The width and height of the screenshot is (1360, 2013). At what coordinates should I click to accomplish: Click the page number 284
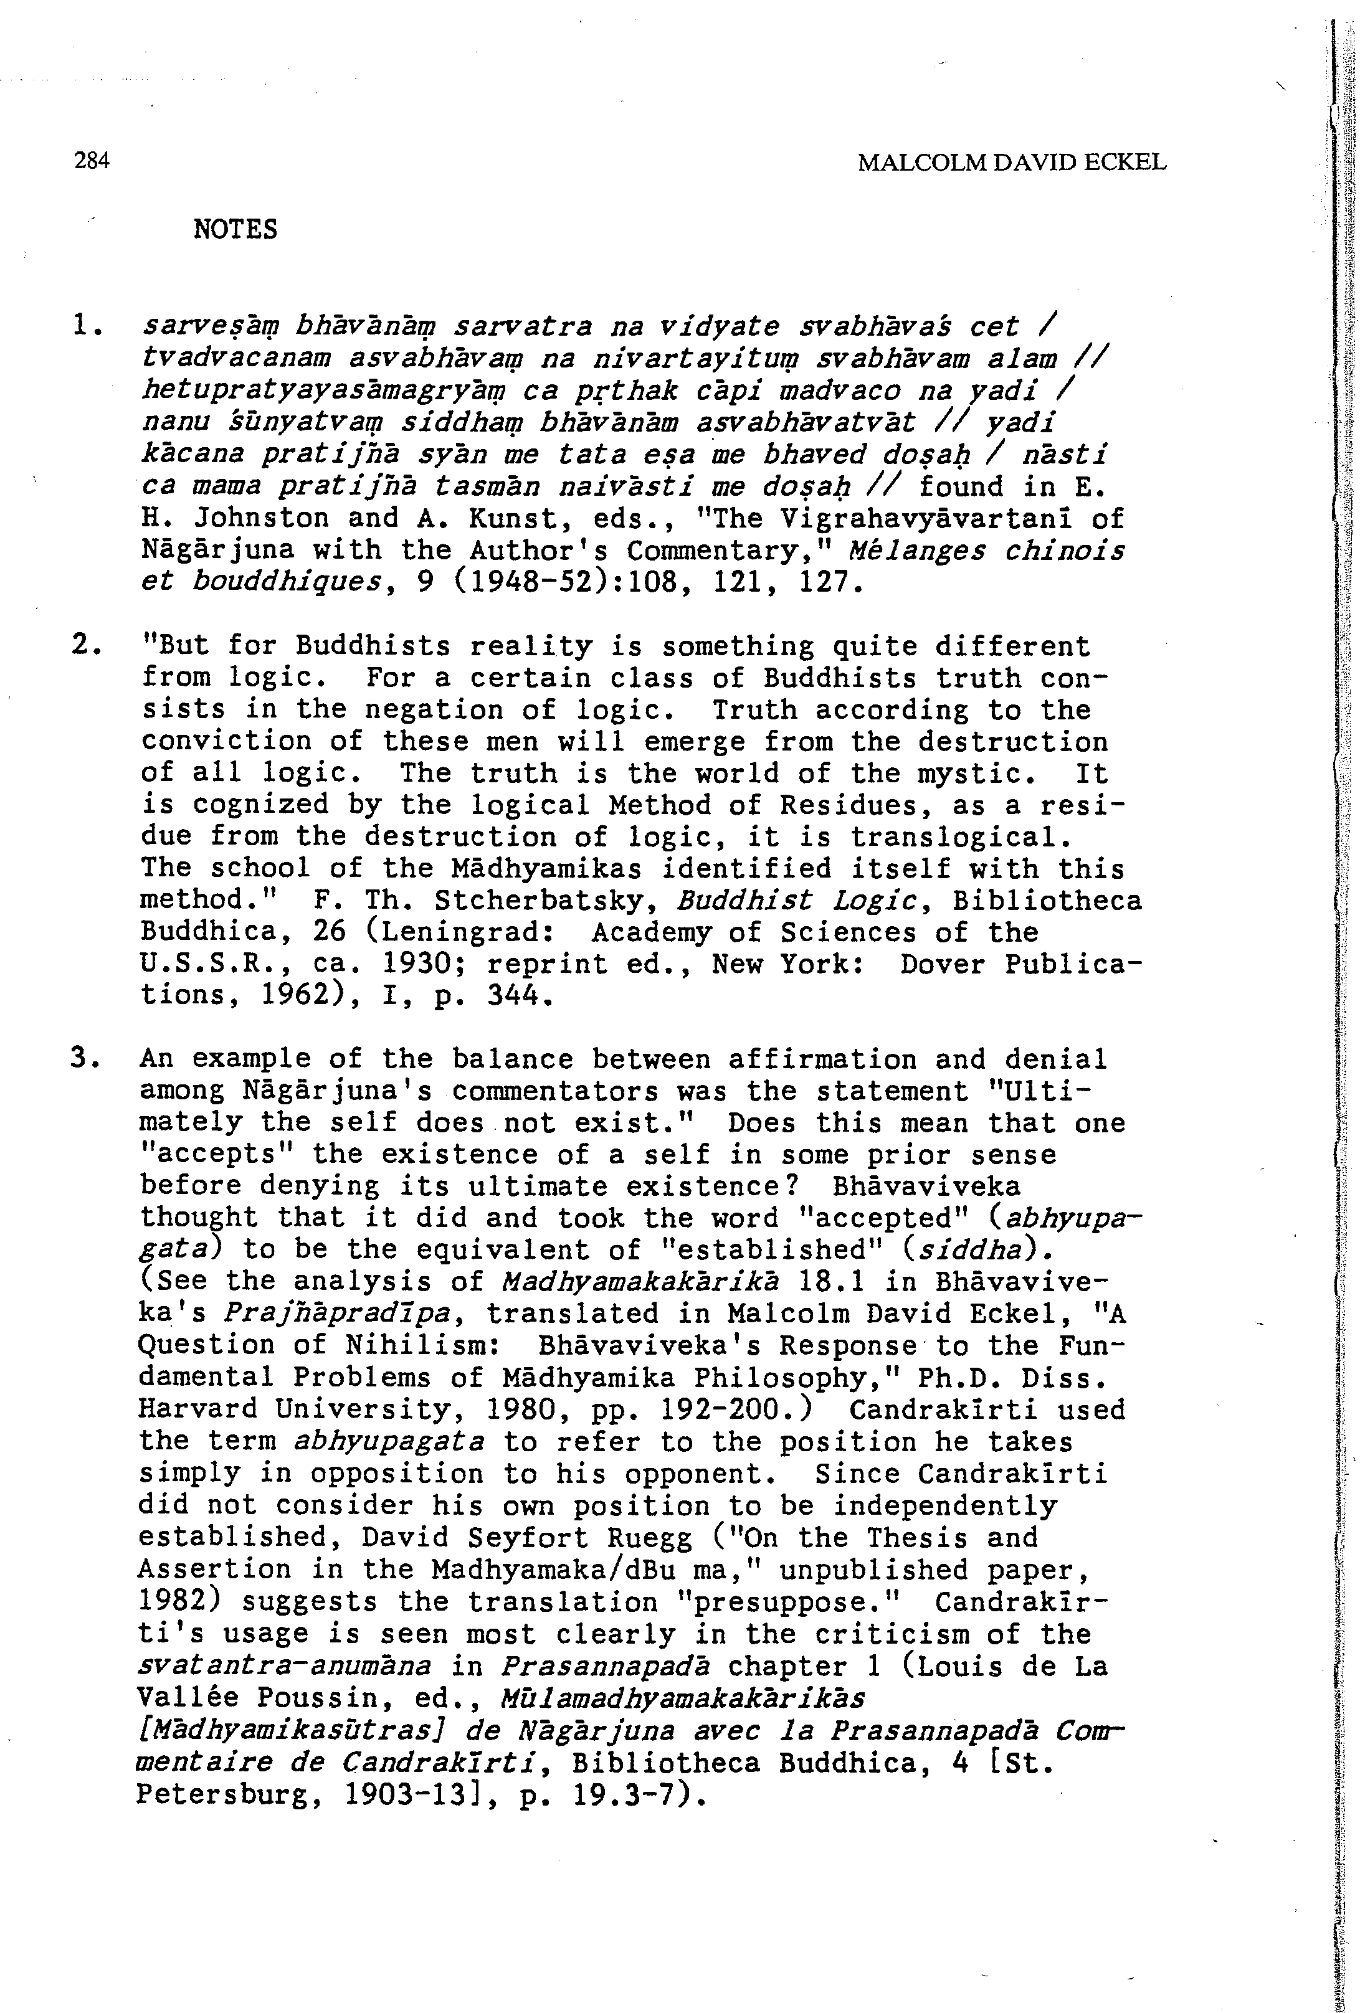[x=92, y=161]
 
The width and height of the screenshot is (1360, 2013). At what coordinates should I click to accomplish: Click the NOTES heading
[x=235, y=230]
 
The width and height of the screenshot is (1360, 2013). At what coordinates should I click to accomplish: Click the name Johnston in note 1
[x=262, y=519]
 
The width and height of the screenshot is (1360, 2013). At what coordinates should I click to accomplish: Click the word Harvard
[x=198, y=1409]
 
